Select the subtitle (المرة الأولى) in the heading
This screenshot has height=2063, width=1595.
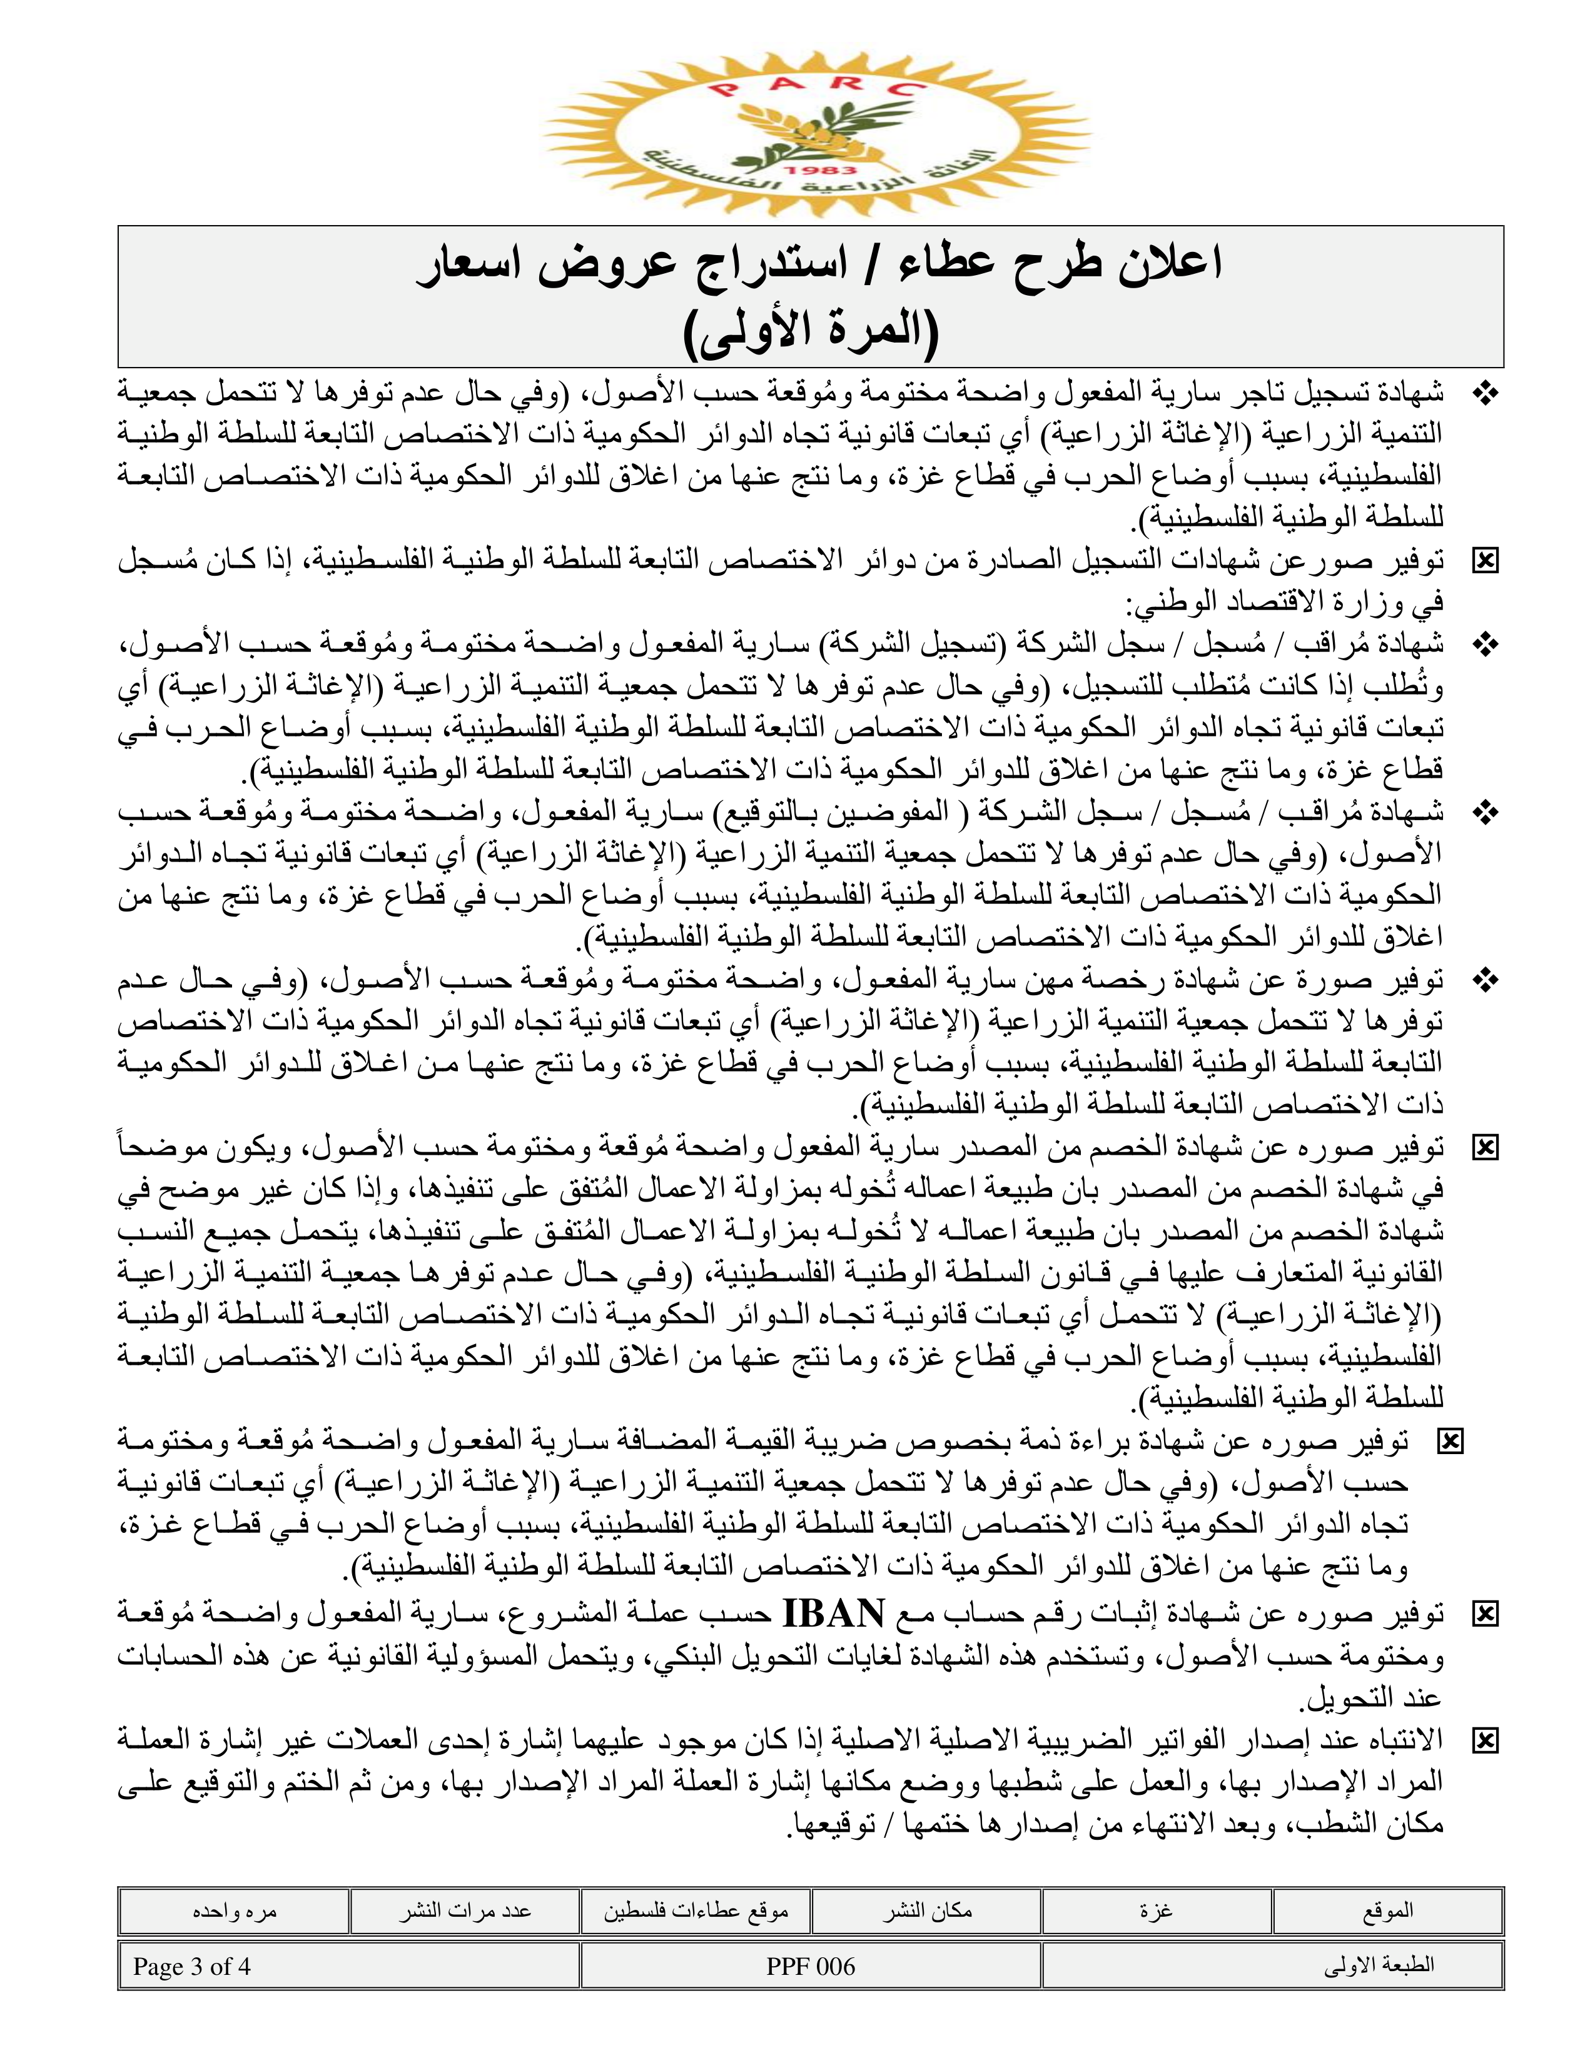coord(811,331)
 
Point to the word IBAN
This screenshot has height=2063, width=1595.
coord(834,1614)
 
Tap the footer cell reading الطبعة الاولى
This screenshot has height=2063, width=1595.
coord(1380,1965)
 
